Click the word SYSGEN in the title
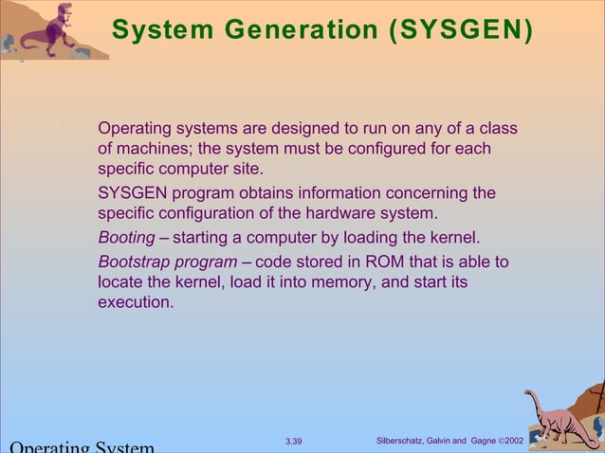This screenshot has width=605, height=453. tap(457, 30)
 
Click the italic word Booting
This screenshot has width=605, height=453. tap(127, 237)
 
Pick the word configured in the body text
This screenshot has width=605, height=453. tap(387, 150)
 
